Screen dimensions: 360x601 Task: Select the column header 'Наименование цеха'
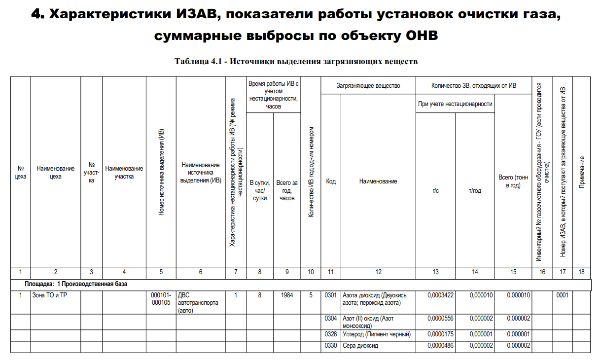(56, 173)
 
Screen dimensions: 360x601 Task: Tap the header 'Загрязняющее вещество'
(368, 85)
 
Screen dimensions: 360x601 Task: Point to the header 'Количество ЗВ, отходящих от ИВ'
(474, 85)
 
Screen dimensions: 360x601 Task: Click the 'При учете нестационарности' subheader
(455, 104)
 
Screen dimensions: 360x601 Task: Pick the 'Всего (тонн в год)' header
(513, 181)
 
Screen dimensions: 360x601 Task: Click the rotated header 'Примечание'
(582, 172)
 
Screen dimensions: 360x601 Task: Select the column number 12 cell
(378, 272)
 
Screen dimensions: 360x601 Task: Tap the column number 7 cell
(236, 272)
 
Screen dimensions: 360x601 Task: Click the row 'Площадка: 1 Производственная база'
(76, 284)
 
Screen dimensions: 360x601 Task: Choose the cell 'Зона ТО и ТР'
(42, 295)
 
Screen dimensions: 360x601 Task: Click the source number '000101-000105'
(161, 299)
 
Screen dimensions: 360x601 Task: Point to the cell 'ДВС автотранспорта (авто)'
(198, 302)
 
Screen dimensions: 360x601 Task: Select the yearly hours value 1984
(286, 295)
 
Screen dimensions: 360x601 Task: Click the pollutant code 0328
(330, 334)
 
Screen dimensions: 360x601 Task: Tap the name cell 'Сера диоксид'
(360, 346)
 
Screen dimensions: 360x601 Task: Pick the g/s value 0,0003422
(440, 295)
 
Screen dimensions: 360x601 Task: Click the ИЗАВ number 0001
(563, 295)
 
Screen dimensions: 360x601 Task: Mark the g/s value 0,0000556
(440, 318)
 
